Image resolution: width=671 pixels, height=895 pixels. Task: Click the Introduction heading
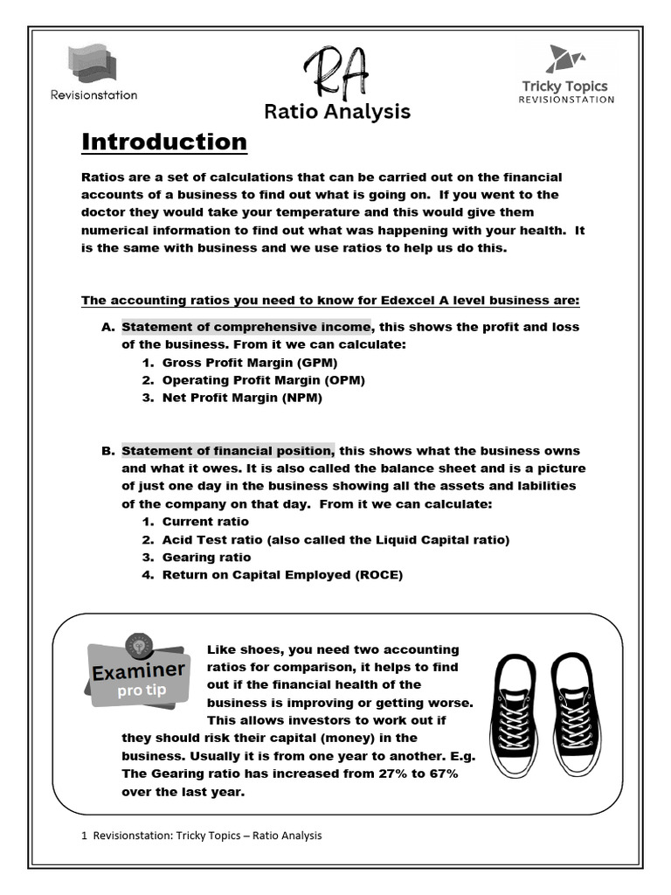point(164,142)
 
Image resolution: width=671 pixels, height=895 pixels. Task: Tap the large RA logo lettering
point(336,73)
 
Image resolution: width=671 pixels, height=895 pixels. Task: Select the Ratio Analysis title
point(336,112)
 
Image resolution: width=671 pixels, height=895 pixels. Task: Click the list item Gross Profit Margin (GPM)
point(249,362)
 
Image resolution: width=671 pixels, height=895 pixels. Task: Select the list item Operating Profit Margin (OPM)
point(263,380)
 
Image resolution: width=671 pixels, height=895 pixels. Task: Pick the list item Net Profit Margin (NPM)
point(242,398)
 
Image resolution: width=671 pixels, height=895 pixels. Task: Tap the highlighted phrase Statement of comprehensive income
point(246,327)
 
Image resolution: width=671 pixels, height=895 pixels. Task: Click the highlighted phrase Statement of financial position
point(227,451)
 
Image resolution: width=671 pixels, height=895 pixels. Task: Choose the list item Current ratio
point(205,522)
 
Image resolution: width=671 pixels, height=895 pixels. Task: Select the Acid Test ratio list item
point(335,539)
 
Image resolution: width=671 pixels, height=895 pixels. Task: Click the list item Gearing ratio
point(206,557)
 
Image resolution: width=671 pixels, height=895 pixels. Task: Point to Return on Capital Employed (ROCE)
point(282,574)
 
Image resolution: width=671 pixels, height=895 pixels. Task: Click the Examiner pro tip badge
point(137,673)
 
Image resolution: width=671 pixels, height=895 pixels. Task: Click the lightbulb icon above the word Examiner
point(138,644)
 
